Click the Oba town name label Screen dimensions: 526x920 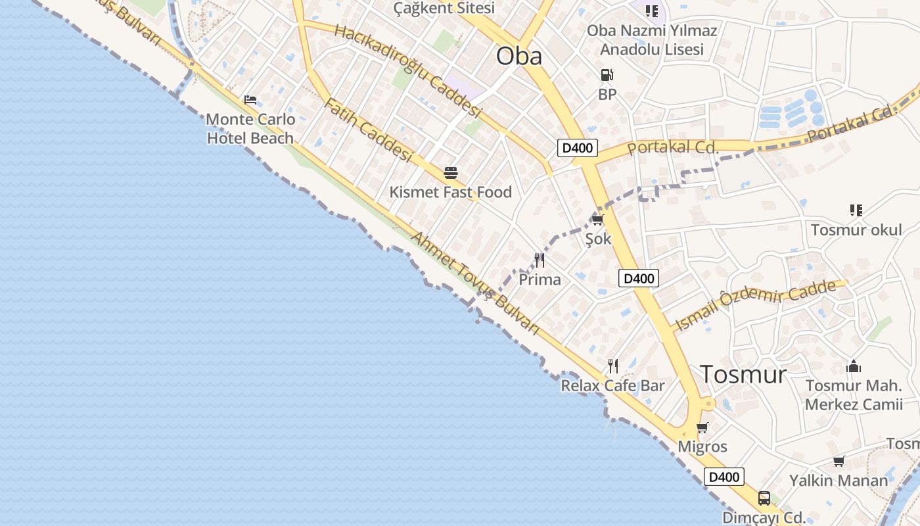tap(519, 56)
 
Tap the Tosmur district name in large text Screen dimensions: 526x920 tap(743, 374)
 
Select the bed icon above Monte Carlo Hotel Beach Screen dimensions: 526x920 tap(250, 100)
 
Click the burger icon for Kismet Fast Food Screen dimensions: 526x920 tap(451, 173)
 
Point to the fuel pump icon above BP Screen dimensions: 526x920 tap(607, 76)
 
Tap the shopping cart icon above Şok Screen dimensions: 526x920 tap(597, 220)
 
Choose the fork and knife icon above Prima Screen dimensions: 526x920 tap(540, 260)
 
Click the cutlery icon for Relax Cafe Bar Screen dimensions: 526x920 tap(613, 366)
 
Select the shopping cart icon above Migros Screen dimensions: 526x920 tap(702, 428)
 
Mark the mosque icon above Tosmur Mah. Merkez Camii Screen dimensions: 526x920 tap(854, 366)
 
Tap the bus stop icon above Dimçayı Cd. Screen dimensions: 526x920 tap(764, 498)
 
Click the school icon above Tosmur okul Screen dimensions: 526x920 tap(856, 210)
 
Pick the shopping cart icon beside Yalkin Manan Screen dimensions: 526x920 tap(839, 461)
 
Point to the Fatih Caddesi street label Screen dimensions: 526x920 tap(368, 130)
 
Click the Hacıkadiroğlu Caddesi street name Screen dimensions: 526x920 tap(408, 71)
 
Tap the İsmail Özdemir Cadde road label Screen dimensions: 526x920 tap(756, 304)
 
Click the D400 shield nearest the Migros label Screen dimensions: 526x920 tap(724, 477)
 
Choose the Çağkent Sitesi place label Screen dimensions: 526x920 tap(444, 9)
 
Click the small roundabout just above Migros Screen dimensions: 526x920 tap(708, 404)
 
